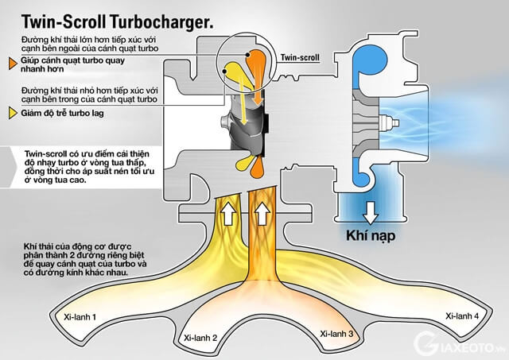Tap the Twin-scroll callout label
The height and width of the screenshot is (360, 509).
click(301, 57)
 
